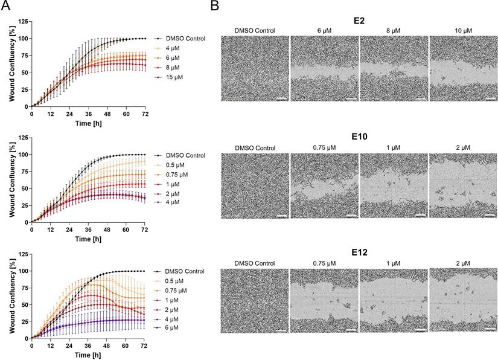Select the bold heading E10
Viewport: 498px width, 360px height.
[359, 137]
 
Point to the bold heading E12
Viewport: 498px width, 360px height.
[359, 254]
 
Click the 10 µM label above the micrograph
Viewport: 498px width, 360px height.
[463, 30]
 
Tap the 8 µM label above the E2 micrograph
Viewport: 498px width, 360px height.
[394, 30]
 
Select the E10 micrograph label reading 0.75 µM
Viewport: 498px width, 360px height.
[324, 147]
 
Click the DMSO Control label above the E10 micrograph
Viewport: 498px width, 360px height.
[255, 147]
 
